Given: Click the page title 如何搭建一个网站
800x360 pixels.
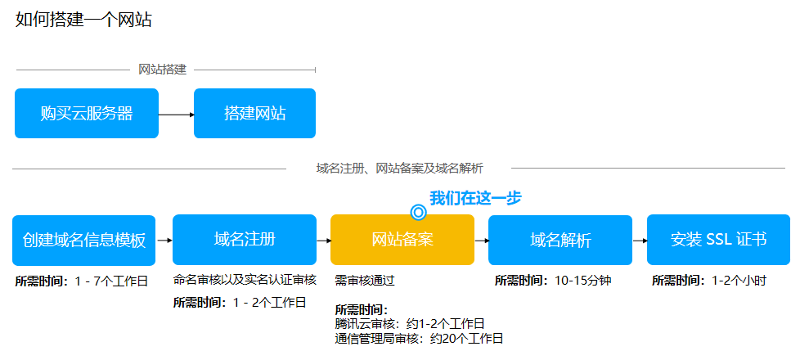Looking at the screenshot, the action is [x=83, y=20].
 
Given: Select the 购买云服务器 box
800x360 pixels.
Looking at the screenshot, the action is [x=87, y=114].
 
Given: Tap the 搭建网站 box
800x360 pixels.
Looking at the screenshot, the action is [x=254, y=114].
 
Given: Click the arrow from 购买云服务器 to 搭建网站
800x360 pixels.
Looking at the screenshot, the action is [x=177, y=115].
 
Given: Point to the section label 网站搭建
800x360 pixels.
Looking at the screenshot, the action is [x=163, y=70].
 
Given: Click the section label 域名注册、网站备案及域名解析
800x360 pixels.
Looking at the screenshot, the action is [x=399, y=169].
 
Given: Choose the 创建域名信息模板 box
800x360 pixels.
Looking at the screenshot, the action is [x=84, y=240].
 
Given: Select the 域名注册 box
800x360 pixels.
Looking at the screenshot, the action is [x=245, y=240].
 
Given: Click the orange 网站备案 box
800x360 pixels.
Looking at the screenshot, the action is [x=402, y=240].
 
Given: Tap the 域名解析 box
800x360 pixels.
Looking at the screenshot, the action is [x=560, y=240].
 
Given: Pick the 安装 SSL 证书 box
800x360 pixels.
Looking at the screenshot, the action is [x=718, y=240].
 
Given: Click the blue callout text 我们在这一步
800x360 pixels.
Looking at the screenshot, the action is [x=475, y=198].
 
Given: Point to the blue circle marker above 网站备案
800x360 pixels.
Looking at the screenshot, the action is [x=418, y=212].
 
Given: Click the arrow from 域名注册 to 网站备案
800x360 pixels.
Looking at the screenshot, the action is [x=324, y=240].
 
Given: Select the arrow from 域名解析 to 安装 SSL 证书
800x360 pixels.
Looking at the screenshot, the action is [x=640, y=240].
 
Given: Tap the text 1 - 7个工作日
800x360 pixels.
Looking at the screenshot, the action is [x=110, y=281].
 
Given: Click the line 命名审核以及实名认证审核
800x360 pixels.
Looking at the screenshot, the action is [x=245, y=280].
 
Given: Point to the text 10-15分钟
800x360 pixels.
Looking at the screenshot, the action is [x=582, y=281].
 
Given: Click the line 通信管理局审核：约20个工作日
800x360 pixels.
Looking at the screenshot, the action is [x=419, y=338].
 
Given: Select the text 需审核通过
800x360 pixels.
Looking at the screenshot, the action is [x=365, y=281].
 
